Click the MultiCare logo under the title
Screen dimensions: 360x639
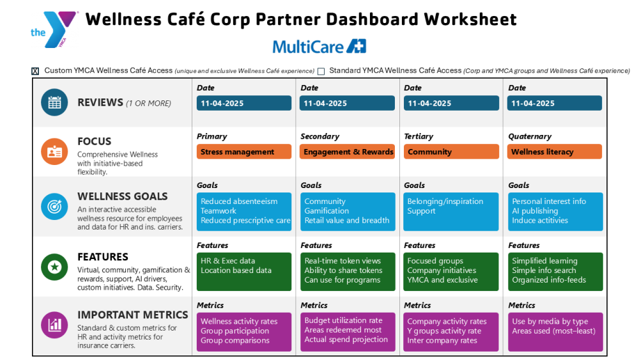tap(319, 46)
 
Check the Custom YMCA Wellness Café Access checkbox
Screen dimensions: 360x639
tap(35, 71)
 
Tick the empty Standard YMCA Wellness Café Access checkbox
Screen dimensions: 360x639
tap(321, 71)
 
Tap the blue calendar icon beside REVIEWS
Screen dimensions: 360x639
tap(54, 102)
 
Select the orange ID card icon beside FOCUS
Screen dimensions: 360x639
tap(54, 152)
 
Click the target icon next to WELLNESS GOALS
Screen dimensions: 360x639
tap(54, 207)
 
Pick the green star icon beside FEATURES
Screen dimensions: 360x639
tap(54, 266)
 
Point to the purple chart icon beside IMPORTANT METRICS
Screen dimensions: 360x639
tap(54, 324)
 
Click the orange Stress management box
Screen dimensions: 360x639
tap(243, 152)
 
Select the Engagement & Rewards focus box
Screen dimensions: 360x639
tap(348, 152)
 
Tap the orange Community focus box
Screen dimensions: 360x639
tap(451, 152)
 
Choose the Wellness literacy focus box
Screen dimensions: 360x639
tap(555, 152)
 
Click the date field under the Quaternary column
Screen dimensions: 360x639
tap(555, 103)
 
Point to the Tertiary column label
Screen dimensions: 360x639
tap(419, 136)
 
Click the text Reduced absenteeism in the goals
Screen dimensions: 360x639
tap(239, 201)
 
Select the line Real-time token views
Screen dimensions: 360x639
tap(343, 261)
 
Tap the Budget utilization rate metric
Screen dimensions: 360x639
tap(343, 320)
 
